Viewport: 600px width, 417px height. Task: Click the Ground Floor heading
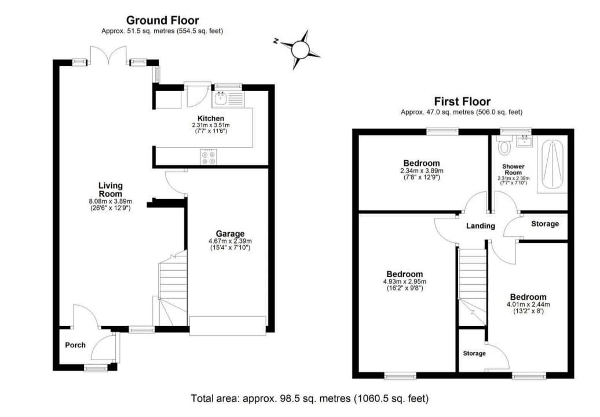163,20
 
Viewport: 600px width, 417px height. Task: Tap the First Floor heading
462,101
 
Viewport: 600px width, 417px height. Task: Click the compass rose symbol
299,49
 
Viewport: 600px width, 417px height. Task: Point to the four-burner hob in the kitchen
208,157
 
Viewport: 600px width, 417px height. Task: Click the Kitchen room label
211,118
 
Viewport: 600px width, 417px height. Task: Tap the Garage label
230,234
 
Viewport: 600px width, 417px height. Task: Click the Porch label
75,345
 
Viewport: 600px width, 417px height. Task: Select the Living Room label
111,190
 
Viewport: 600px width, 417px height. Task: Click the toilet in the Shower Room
504,146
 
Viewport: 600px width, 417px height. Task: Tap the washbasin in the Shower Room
524,141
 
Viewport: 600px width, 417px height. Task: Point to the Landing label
480,226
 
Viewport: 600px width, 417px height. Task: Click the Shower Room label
513,169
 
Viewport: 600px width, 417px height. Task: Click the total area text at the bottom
310,398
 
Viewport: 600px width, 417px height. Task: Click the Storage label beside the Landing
545,224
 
